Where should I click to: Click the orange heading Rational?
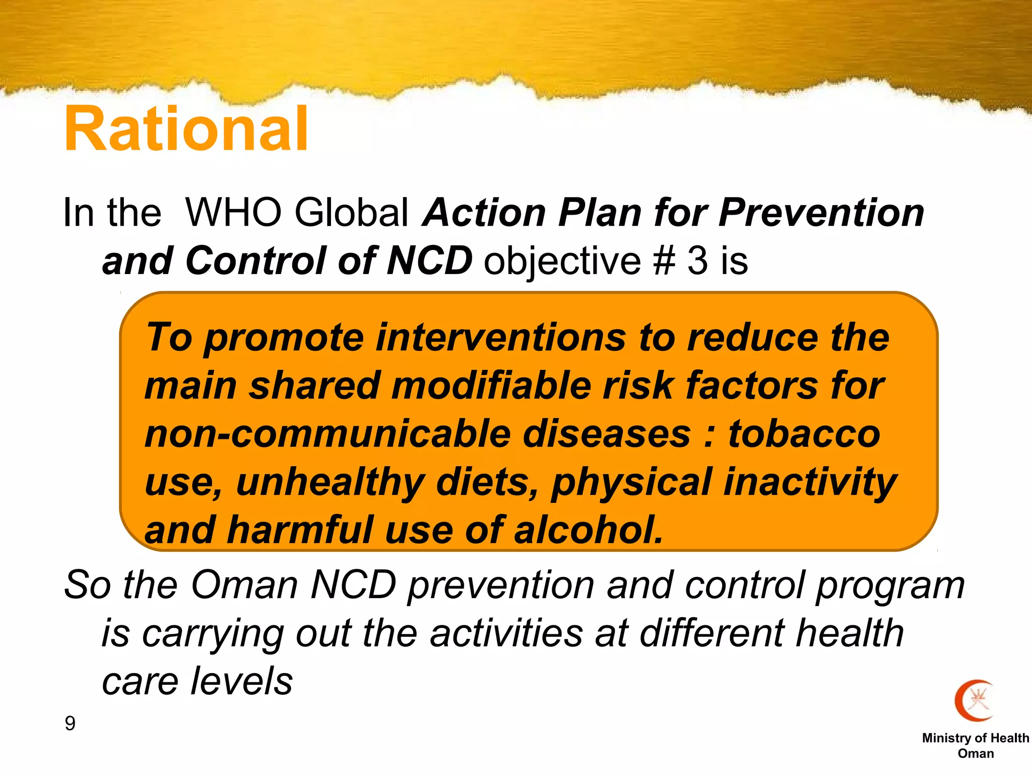point(186,129)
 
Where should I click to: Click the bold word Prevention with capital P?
point(821,212)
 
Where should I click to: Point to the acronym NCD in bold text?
point(429,261)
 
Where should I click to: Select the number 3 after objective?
point(698,261)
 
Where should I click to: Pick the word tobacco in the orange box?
point(804,434)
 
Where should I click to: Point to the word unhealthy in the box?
point(330,482)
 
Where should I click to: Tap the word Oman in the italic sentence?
point(244,585)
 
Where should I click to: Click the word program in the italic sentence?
point(890,585)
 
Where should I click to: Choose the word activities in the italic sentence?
point(506,633)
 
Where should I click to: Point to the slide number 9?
point(70,724)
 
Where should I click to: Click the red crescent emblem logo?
point(975,700)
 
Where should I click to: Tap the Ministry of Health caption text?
point(976,738)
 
